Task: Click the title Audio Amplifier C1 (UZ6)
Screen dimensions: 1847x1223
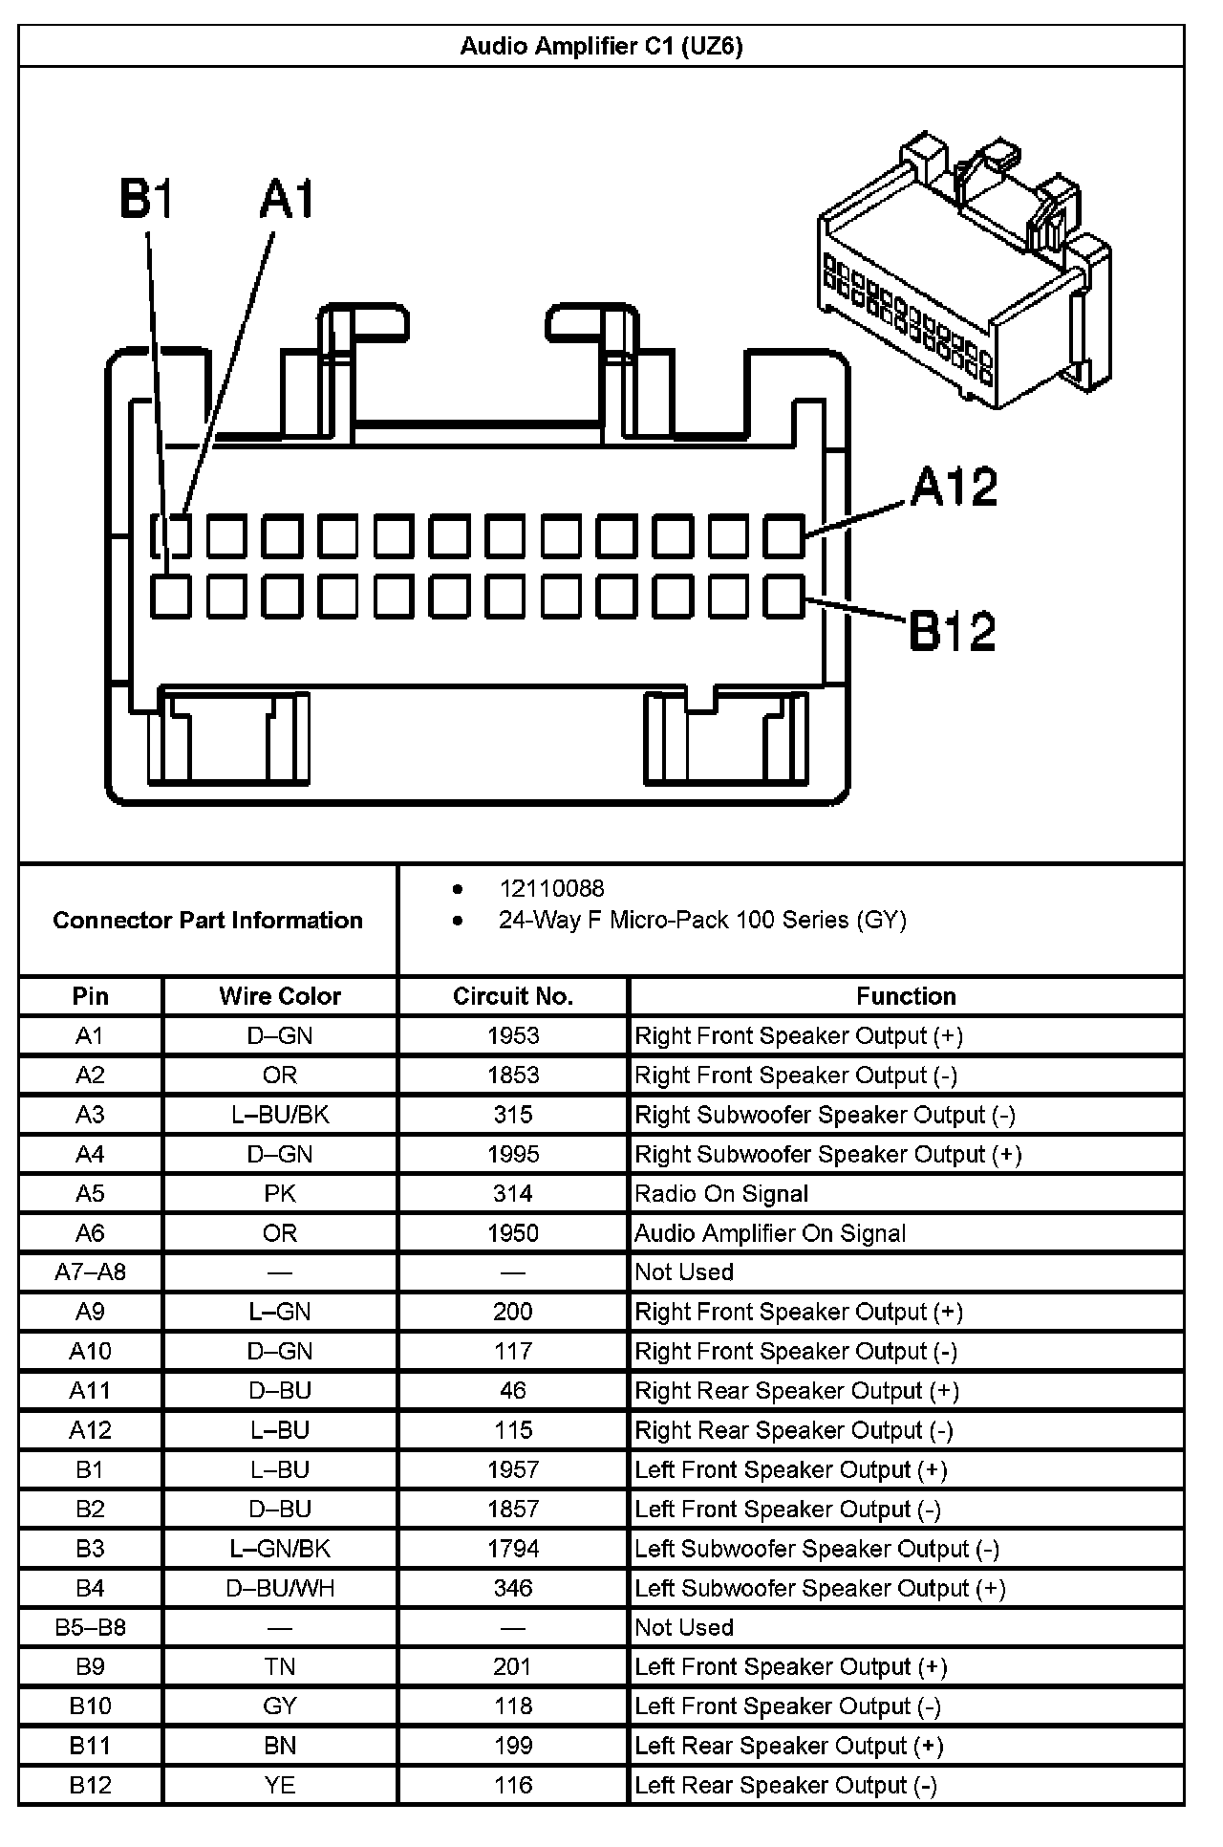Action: pos(601,46)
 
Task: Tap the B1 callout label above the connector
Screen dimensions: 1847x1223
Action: pos(146,200)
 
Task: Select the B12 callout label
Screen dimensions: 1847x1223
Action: pos(952,631)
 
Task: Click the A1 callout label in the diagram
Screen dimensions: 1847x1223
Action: pos(287,200)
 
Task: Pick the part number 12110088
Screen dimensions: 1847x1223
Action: pos(551,888)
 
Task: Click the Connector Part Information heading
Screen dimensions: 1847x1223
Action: pos(207,920)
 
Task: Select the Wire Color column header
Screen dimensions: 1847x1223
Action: pos(280,996)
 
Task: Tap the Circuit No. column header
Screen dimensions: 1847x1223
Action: pos(513,996)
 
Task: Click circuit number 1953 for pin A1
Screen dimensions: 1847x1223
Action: pos(513,1035)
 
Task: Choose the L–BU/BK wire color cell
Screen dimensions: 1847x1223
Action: pos(280,1115)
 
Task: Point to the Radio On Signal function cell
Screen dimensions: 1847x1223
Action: pos(721,1193)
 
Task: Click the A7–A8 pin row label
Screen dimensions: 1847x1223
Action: pos(90,1272)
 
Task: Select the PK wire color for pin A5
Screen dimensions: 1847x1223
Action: pos(280,1193)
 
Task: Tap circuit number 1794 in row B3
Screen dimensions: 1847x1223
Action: pos(513,1548)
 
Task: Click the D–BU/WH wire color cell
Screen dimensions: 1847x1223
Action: pos(280,1588)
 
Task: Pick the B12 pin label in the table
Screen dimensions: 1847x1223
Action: pos(90,1785)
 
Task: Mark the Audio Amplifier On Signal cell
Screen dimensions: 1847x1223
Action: pos(770,1233)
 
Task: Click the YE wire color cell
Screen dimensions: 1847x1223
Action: pos(280,1785)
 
